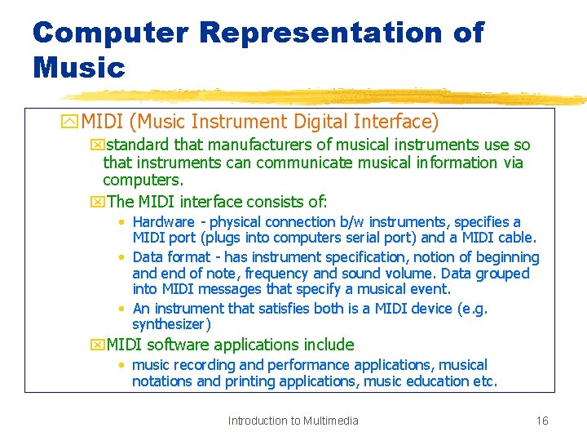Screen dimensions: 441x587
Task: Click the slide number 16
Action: [x=542, y=421]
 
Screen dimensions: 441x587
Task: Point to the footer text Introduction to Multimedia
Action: [x=293, y=421]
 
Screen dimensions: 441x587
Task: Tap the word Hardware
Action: [x=164, y=222]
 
